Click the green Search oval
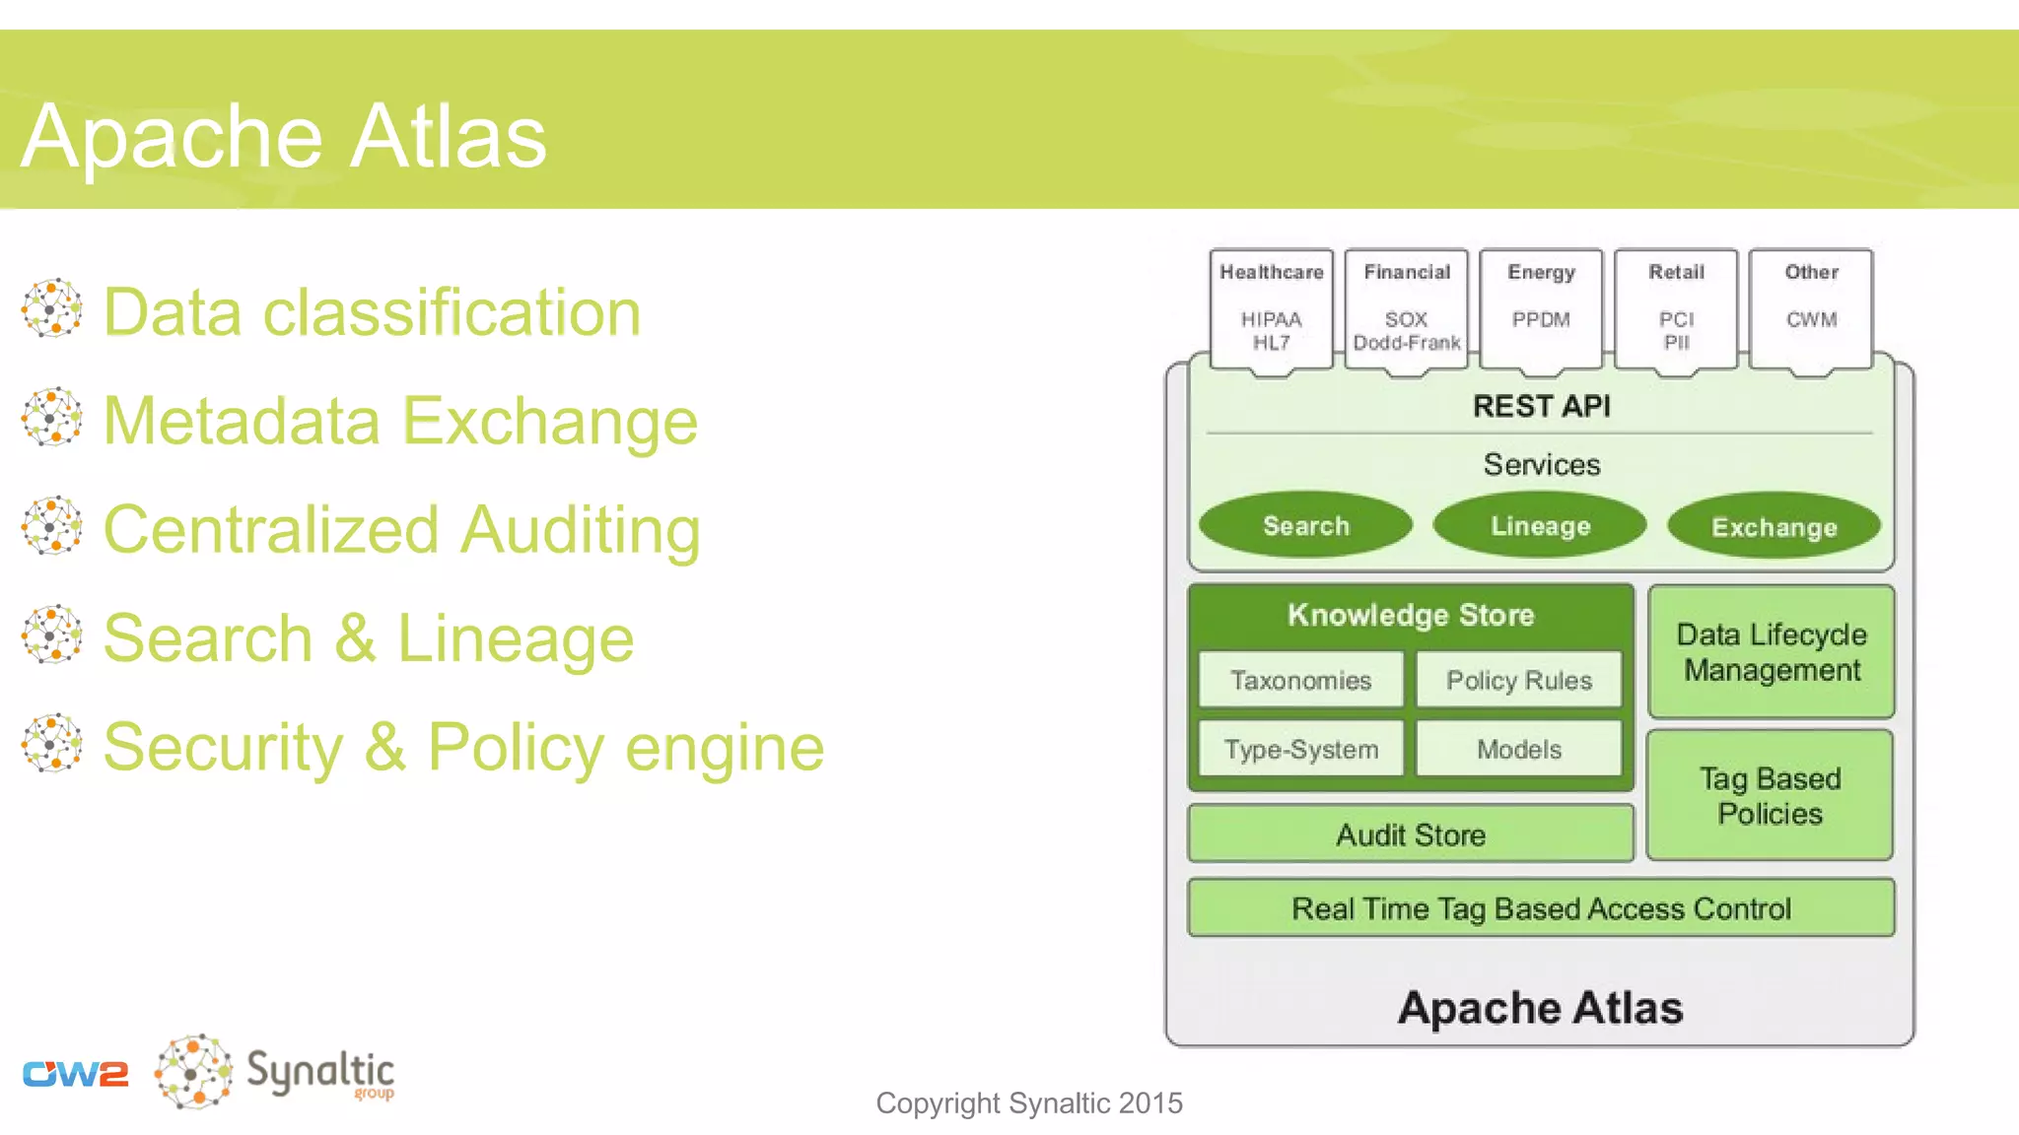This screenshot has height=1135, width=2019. point(1305,525)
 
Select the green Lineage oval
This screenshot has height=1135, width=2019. point(1540,525)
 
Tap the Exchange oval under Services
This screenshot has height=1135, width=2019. point(1774,526)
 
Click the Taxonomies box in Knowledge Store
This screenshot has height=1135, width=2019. point(1300,680)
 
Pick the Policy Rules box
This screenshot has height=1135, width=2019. point(1518,680)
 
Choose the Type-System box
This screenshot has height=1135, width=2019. point(1300,749)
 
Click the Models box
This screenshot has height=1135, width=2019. point(1518,749)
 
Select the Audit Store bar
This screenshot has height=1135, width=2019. point(1411,835)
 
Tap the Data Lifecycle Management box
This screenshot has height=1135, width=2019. point(1772,652)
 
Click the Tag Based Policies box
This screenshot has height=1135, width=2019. point(1770,796)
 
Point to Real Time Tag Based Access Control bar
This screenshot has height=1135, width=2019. point(1541,907)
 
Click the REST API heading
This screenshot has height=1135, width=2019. point(1541,406)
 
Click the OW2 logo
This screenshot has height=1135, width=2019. point(76,1073)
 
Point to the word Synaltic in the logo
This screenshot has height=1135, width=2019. point(319,1071)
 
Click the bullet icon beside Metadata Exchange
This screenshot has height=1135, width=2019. point(51,417)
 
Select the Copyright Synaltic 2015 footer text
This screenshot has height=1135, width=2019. point(1028,1102)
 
